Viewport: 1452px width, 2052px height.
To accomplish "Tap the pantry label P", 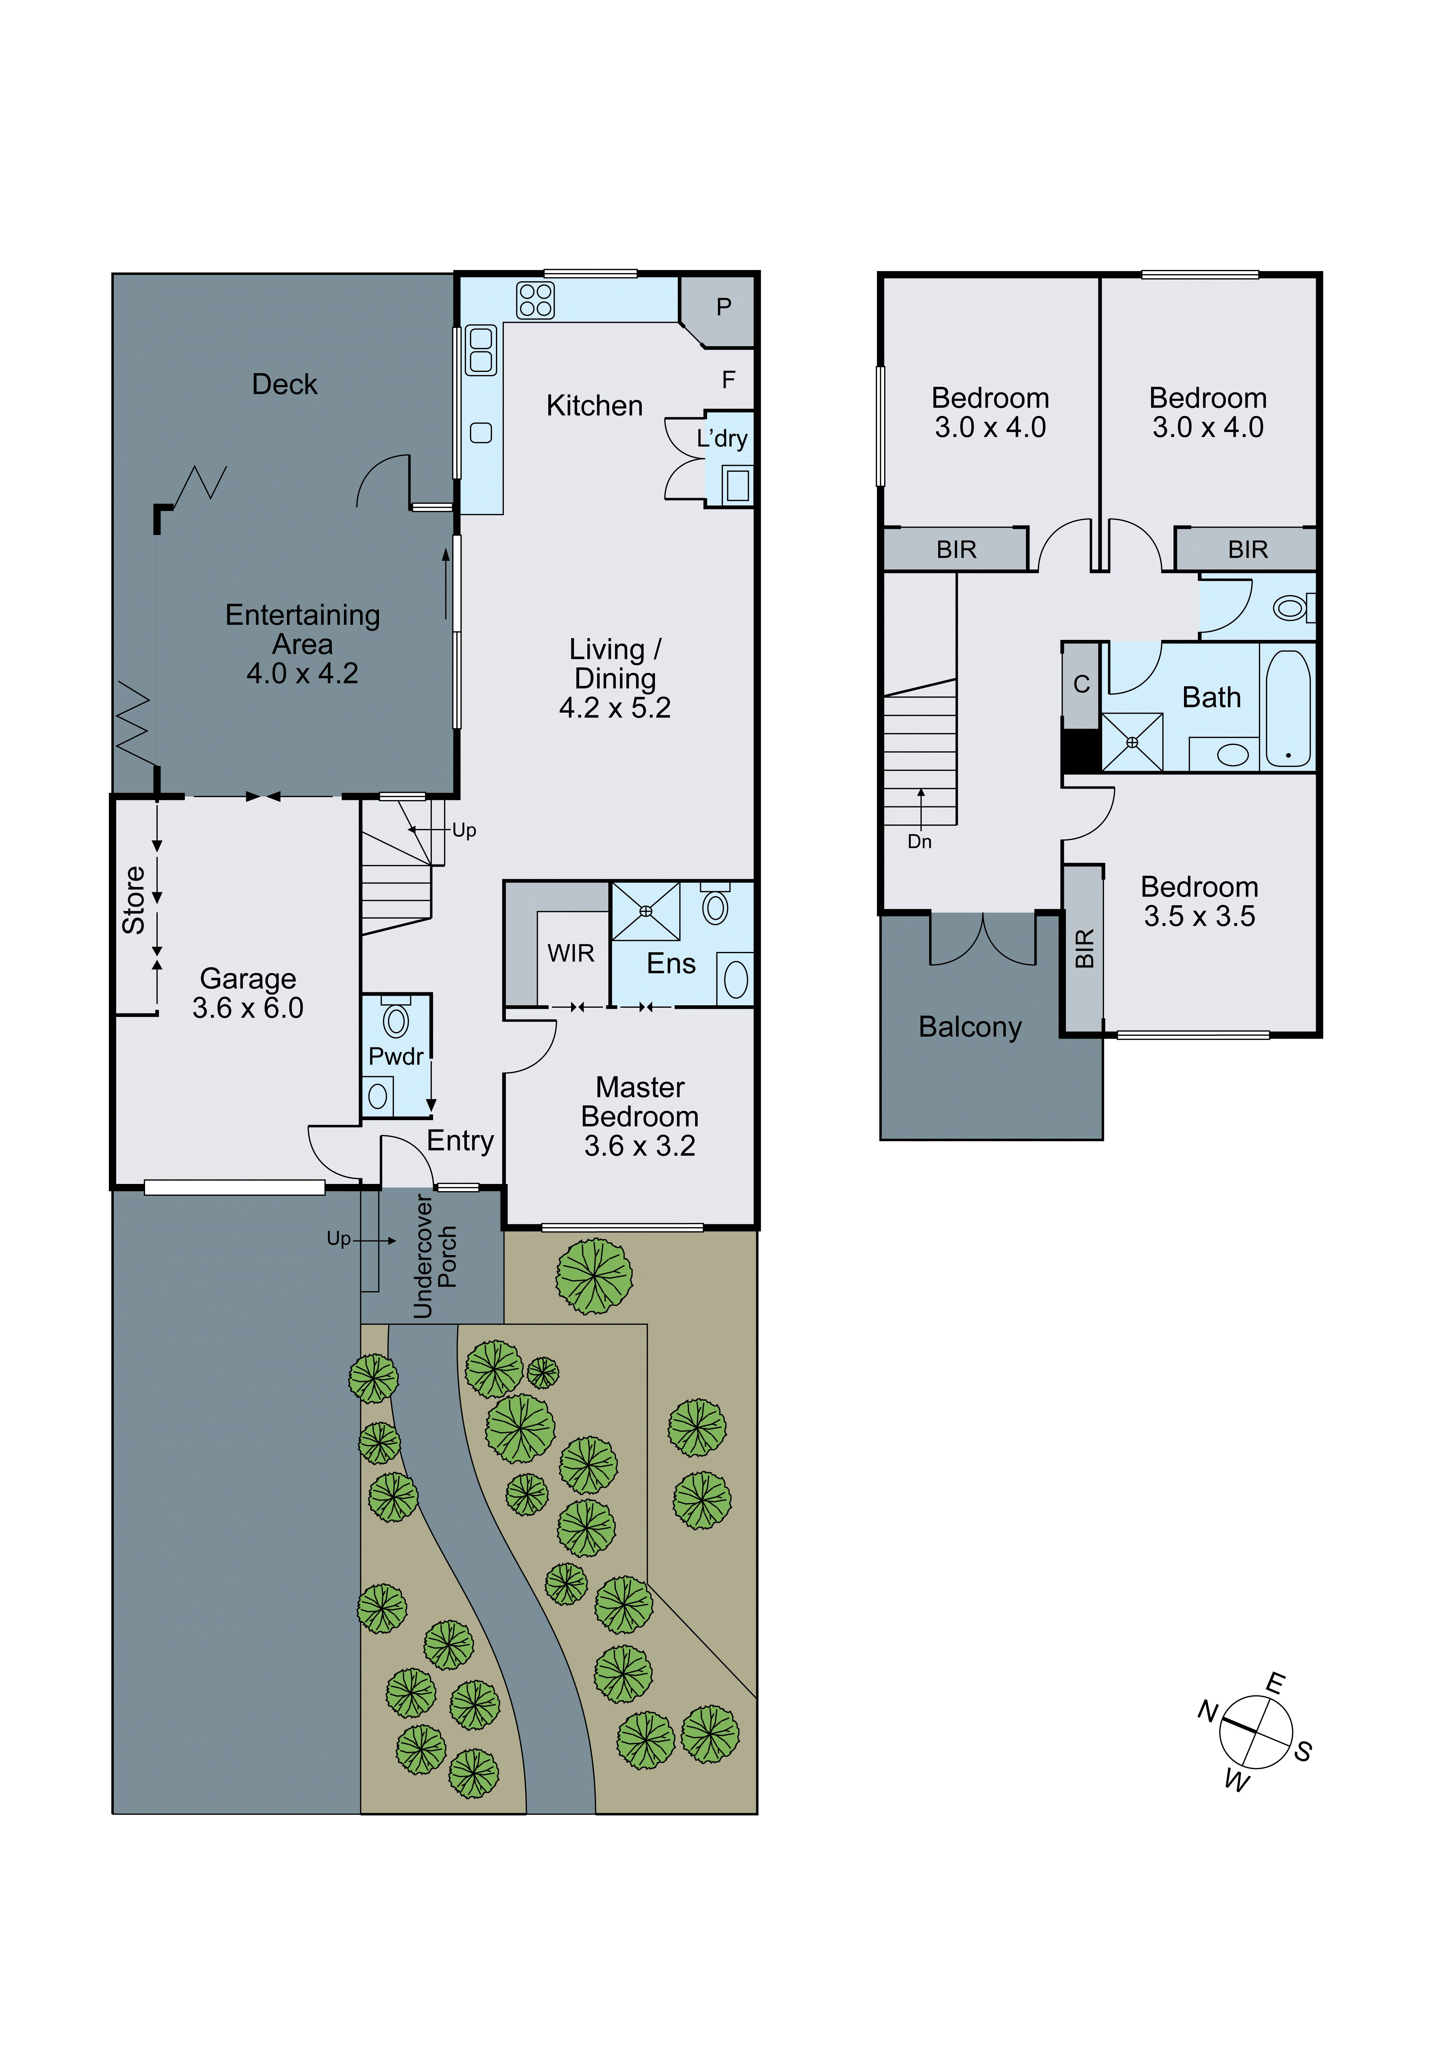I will (724, 307).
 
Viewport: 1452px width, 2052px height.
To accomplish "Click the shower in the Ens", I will (646, 911).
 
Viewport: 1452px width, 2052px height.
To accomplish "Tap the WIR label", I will (570, 954).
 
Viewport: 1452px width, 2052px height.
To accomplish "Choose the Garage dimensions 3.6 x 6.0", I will (248, 1008).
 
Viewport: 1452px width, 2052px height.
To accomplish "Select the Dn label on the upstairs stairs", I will (919, 842).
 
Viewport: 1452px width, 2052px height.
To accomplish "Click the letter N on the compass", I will (1208, 1712).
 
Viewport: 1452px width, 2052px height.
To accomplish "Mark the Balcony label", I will (970, 1027).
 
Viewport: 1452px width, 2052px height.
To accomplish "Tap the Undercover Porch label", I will (434, 1256).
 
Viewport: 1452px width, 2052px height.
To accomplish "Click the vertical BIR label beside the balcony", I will (1084, 948).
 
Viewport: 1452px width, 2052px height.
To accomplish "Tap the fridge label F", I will (729, 380).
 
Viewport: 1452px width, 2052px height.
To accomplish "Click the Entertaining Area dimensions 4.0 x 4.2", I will (302, 673).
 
